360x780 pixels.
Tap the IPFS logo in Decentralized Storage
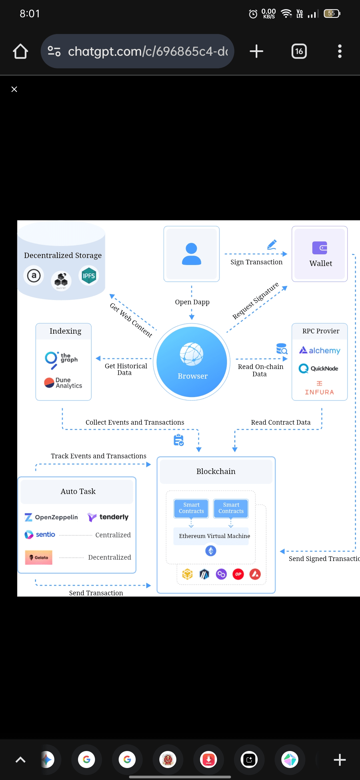(89, 276)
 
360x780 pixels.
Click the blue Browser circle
(192, 362)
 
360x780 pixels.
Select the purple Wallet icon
(320, 248)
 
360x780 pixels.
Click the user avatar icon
(191, 254)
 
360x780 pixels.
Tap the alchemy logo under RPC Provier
(320, 350)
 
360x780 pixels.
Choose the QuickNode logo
(318, 368)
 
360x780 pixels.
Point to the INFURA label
(319, 392)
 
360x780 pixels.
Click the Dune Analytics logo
(63, 383)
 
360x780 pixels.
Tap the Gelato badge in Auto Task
(39, 557)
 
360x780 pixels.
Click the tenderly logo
(108, 517)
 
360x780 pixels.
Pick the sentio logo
(40, 535)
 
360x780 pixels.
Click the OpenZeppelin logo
(51, 517)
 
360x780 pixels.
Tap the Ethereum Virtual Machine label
(214, 536)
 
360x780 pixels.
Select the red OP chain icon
(238, 574)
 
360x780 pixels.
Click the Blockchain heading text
(216, 471)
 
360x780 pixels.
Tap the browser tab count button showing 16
(299, 51)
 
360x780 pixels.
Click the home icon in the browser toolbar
(20, 51)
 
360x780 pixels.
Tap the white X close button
(14, 89)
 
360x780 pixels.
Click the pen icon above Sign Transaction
(272, 244)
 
